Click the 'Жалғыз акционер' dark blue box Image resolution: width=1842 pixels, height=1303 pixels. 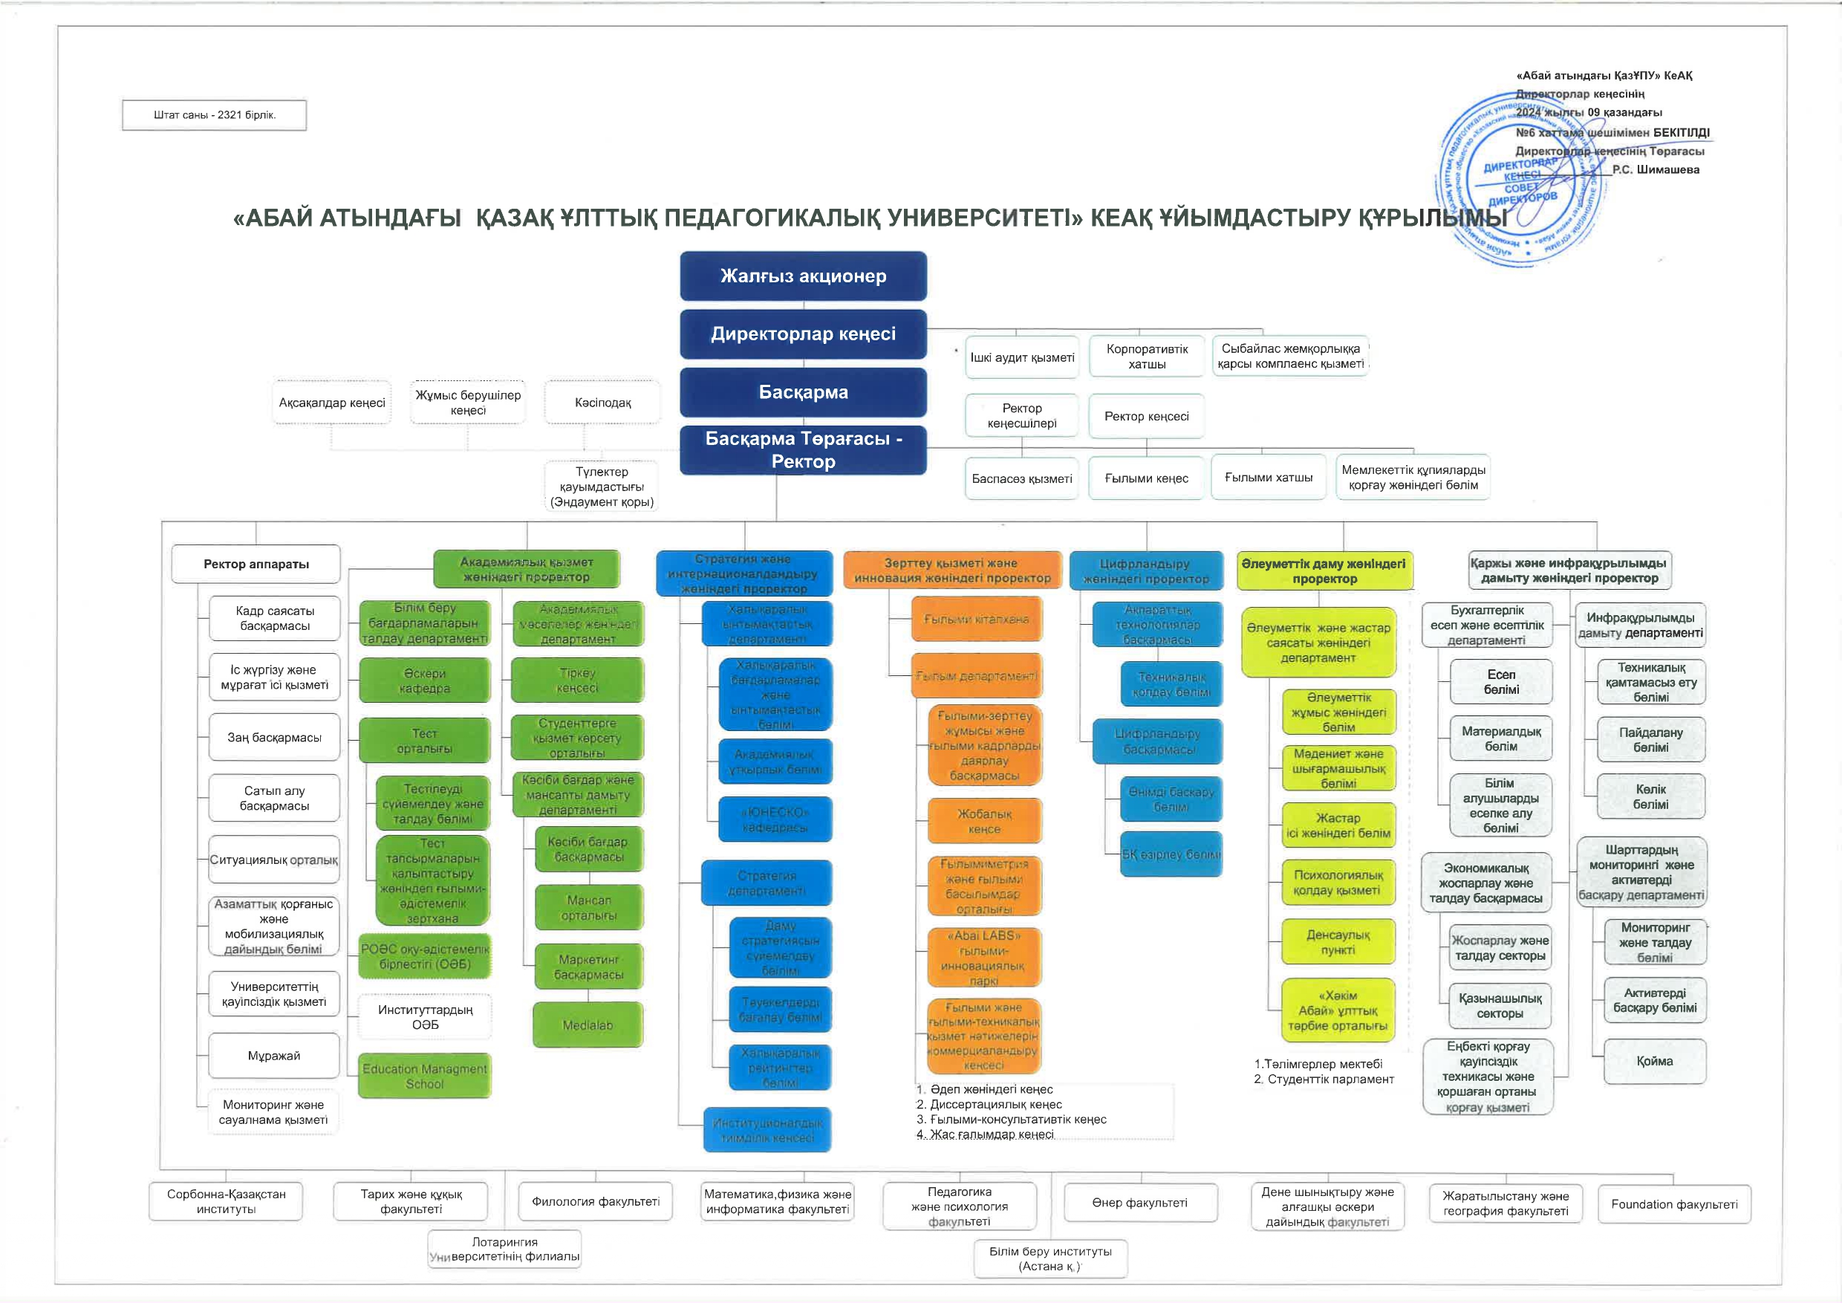[x=803, y=276]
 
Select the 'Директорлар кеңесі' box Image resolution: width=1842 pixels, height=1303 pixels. [x=803, y=334]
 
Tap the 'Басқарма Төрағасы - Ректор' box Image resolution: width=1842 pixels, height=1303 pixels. [x=803, y=450]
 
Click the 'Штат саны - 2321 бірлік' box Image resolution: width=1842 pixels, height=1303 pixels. [x=214, y=114]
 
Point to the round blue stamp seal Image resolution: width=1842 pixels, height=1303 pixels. [x=1522, y=181]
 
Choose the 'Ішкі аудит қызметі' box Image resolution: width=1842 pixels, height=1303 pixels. [x=1022, y=357]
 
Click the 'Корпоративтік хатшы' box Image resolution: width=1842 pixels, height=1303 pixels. [x=1148, y=357]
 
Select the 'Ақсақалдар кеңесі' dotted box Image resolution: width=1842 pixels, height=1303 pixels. [x=332, y=403]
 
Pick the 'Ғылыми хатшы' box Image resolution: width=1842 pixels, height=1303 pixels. [x=1269, y=478]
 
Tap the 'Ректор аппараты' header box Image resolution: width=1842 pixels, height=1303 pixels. [x=256, y=564]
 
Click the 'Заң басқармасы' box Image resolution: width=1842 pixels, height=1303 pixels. [x=274, y=738]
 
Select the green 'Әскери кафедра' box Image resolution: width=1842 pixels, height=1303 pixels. [x=424, y=681]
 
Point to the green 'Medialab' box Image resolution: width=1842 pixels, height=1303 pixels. [x=588, y=1025]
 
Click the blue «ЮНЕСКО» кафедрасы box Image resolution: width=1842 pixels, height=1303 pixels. [x=775, y=819]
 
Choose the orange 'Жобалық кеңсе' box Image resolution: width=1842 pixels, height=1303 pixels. [x=984, y=822]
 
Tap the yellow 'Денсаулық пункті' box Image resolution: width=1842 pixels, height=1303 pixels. [x=1338, y=943]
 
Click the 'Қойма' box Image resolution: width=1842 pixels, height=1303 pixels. [x=1654, y=1062]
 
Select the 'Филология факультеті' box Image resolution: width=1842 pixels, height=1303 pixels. [x=595, y=1202]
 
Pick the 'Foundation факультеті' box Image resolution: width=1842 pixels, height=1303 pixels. [x=1674, y=1204]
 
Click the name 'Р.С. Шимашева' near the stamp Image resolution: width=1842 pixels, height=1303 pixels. [x=1656, y=170]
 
